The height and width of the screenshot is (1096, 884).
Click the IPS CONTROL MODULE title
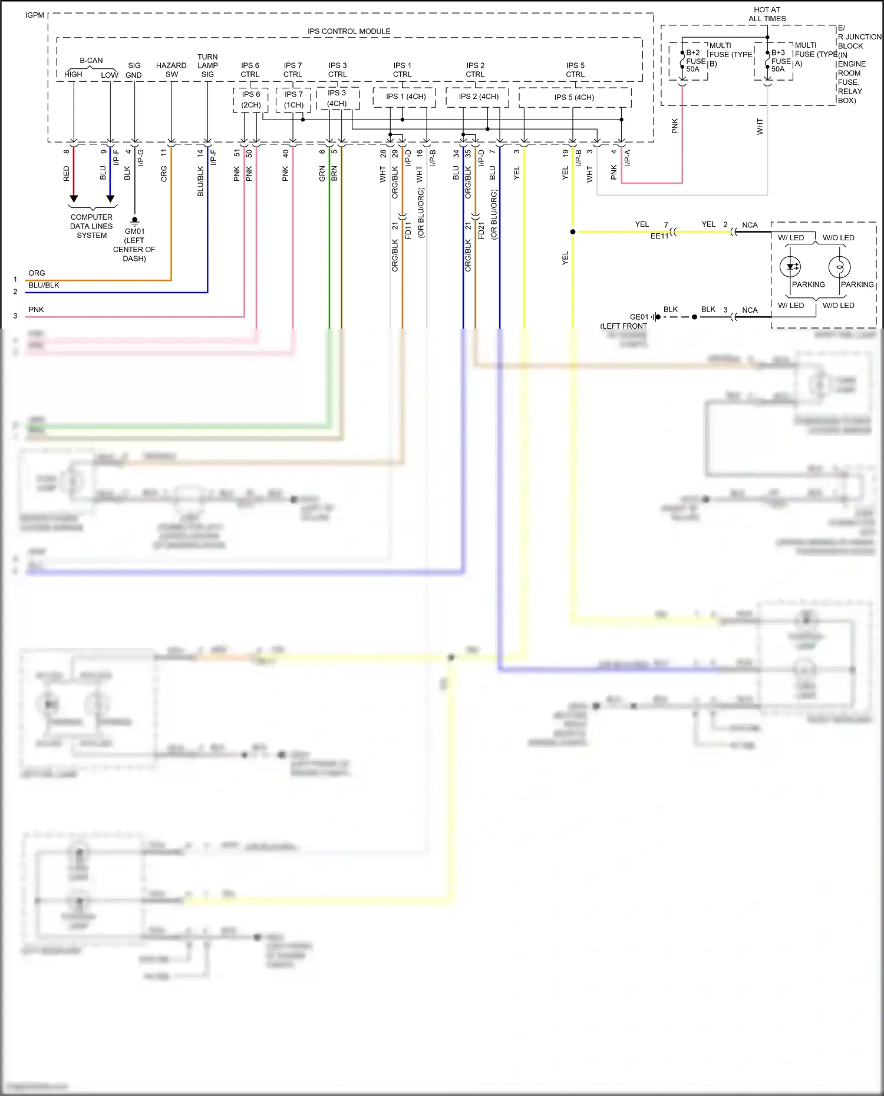pos(348,31)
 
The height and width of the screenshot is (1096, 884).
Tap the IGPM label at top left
pos(35,15)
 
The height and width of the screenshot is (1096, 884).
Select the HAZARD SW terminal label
pos(171,69)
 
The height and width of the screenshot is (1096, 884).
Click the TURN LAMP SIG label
pos(207,65)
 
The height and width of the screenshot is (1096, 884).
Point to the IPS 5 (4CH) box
pos(574,97)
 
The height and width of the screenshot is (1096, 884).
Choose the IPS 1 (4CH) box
pos(405,97)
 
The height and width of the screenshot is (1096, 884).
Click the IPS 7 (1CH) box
pos(293,100)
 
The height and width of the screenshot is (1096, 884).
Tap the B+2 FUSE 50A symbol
pos(682,61)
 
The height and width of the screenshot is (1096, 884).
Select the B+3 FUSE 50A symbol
pos(767,61)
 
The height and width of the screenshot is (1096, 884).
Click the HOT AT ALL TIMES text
pos(767,14)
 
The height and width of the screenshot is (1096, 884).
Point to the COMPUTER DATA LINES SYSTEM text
pos(91,226)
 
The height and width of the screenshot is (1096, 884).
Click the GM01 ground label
pos(134,231)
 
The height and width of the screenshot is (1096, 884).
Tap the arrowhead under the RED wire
pos(74,198)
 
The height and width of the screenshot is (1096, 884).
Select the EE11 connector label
pos(659,236)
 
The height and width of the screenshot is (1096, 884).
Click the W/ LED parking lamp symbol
pos(790,267)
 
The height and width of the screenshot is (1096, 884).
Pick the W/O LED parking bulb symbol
pos(839,267)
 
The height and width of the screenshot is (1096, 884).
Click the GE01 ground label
pos(639,317)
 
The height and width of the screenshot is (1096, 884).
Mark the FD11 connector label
pos(408,230)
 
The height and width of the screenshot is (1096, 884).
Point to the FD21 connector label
pos(481,230)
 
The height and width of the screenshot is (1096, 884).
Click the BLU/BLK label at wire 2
pos(44,285)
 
